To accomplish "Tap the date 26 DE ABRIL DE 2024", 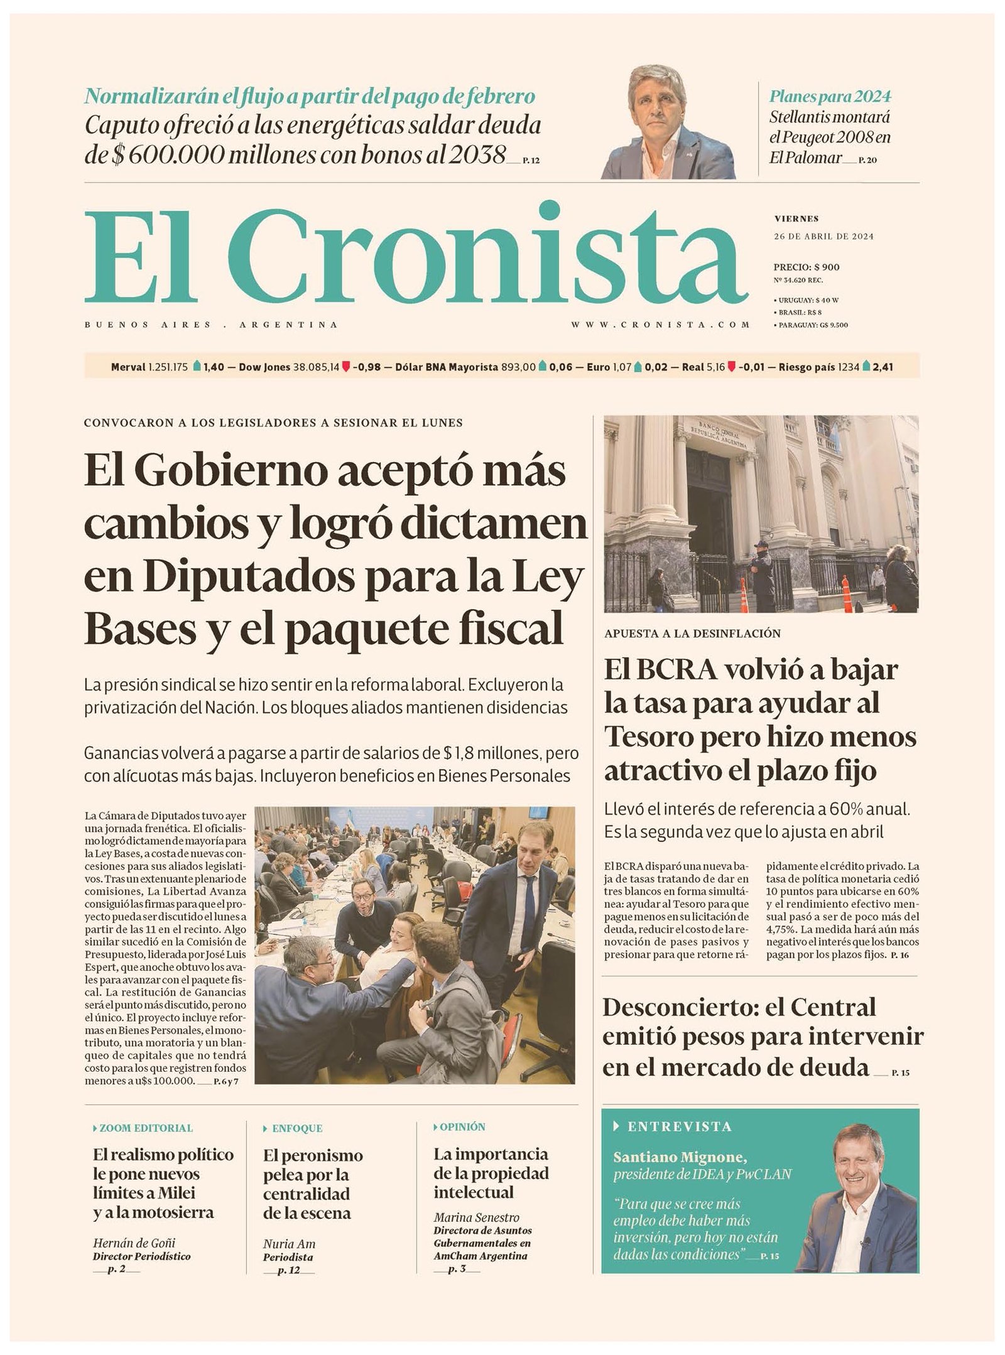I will click(823, 237).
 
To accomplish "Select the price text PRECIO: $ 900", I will click(806, 267).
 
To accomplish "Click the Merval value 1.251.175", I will click(168, 367).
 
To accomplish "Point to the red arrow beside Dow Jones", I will click(345, 367).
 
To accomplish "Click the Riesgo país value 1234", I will click(848, 367).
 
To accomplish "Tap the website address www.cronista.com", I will click(660, 325).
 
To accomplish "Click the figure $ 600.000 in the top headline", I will click(166, 154).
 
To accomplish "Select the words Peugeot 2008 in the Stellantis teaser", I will click(830, 138).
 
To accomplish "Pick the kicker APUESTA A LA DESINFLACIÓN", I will click(692, 634).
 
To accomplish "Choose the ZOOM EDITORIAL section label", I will click(146, 1128).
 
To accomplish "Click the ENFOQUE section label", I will click(296, 1128).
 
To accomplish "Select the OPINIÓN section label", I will click(462, 1127).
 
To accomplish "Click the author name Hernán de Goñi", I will click(134, 1243).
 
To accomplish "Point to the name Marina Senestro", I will click(476, 1217).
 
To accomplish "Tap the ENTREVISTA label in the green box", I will click(679, 1126).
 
